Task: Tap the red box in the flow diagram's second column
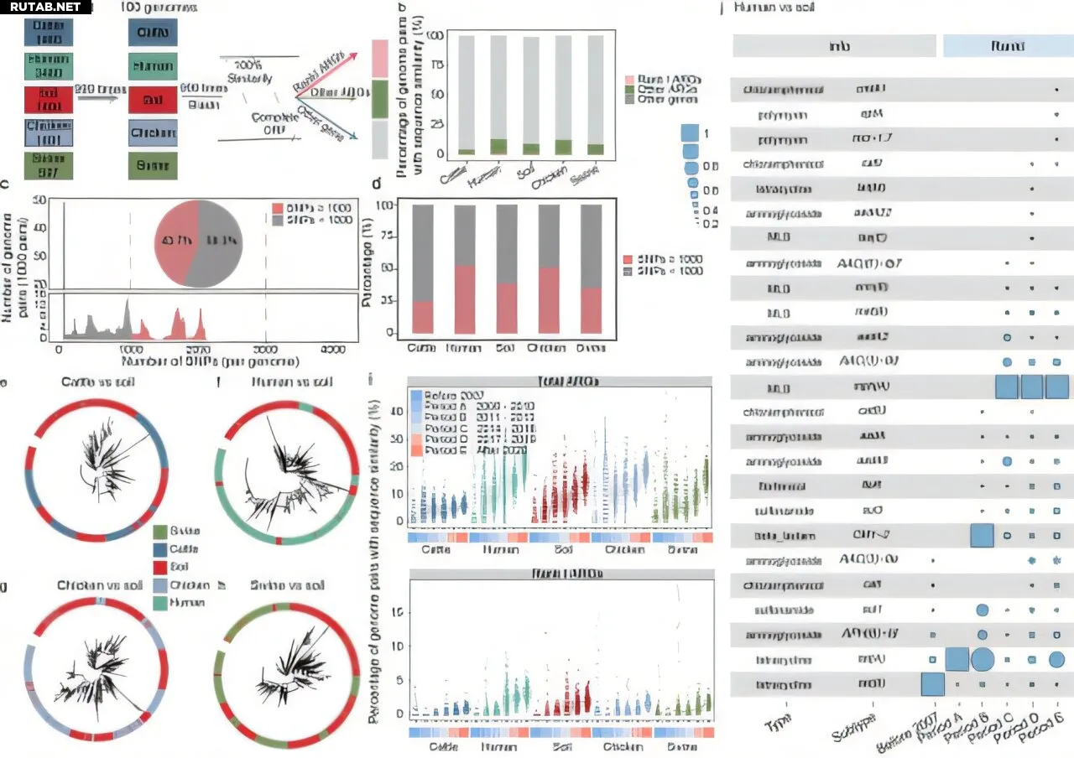(x=153, y=100)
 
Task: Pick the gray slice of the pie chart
(x=220, y=242)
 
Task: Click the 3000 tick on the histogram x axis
(x=265, y=349)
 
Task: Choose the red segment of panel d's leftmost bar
(x=423, y=317)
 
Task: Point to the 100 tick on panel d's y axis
(x=387, y=205)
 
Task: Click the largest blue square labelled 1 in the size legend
(x=691, y=133)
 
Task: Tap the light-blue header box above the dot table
(x=1008, y=45)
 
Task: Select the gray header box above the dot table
(x=834, y=45)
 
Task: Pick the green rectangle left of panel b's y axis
(x=378, y=99)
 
